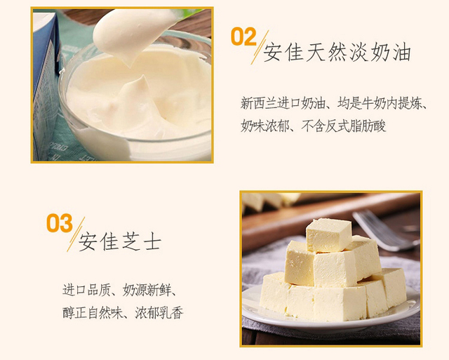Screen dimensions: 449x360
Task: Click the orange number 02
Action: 243,36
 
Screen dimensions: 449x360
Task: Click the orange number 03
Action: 60,223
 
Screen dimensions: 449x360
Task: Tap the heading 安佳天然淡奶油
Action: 337,52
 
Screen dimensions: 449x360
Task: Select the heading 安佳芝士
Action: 120,241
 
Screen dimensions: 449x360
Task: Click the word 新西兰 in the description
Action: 259,103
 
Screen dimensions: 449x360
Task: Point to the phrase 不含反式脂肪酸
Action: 344,126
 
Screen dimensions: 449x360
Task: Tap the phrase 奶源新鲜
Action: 147,290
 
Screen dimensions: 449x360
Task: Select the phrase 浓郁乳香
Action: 159,312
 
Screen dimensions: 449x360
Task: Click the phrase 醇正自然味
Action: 93,312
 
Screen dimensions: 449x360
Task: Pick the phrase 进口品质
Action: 86,290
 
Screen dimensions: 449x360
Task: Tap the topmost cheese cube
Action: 328,235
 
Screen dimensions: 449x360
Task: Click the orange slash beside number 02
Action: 260,47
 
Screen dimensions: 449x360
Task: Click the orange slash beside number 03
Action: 76,234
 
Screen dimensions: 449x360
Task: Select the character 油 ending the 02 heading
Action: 401,52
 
